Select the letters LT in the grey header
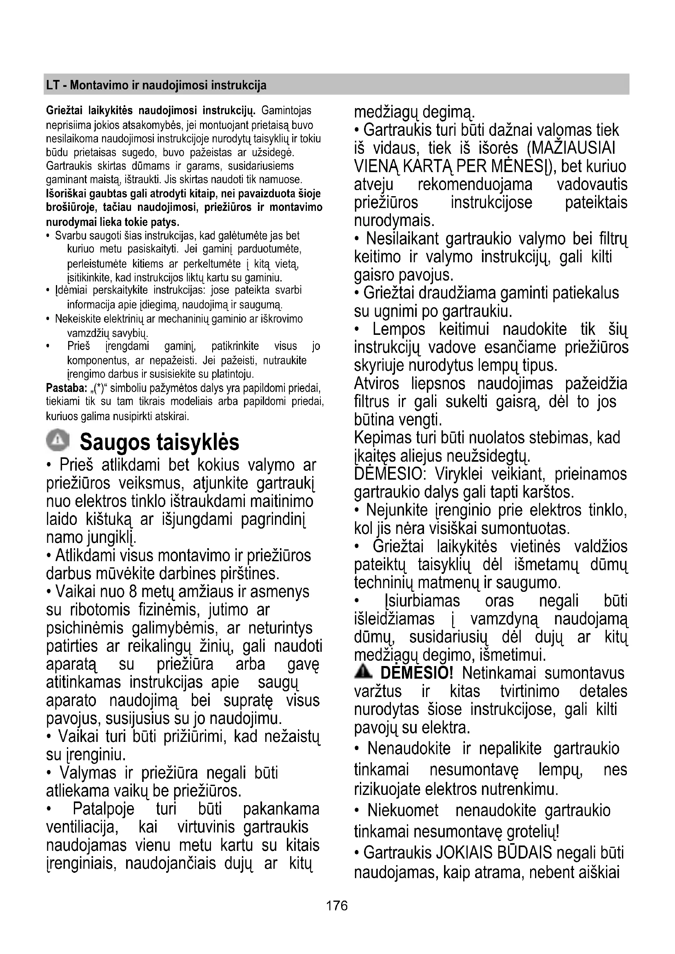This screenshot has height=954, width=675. [x=53, y=85]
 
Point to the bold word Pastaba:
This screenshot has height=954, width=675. [x=66, y=389]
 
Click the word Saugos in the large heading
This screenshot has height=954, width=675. [x=115, y=441]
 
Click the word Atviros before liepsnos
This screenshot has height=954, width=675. [x=377, y=383]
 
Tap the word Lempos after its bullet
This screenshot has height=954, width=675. [x=399, y=329]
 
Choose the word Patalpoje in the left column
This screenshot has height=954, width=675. [x=104, y=809]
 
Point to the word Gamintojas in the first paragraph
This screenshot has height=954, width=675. [x=286, y=111]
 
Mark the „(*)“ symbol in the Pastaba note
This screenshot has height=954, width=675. [x=99, y=389]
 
